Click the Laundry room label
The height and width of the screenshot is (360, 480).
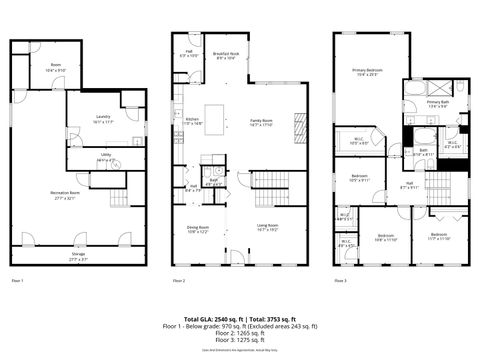[103, 119]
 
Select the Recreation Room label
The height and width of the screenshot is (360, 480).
[65, 193]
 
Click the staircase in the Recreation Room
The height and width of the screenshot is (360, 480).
[119, 200]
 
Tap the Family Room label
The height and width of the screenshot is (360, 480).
[262, 122]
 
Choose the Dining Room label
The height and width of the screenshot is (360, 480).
[198, 229]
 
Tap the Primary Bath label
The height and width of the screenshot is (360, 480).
[437, 104]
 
